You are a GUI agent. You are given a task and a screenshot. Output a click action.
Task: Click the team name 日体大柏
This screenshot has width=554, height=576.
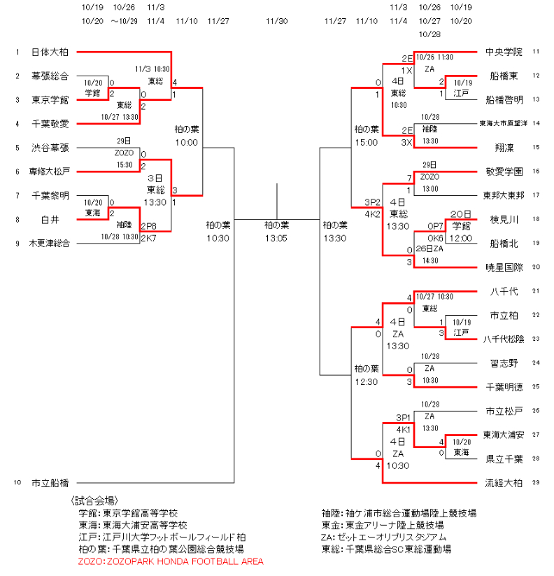click(x=50, y=52)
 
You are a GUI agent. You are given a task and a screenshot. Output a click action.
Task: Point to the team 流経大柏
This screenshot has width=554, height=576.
click(x=504, y=482)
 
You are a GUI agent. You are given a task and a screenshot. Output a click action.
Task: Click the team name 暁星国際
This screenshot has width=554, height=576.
click(x=504, y=267)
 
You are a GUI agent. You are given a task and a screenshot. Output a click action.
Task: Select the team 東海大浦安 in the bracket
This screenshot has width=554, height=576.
click(x=504, y=434)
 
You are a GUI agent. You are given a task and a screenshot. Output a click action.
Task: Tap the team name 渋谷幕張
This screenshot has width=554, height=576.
click(x=50, y=148)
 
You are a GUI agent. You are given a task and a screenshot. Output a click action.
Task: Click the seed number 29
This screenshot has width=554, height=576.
click(x=536, y=482)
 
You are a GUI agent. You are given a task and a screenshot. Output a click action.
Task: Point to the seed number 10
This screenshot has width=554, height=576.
click(x=17, y=482)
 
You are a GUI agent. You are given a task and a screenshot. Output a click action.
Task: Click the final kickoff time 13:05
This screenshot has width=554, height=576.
click(x=277, y=238)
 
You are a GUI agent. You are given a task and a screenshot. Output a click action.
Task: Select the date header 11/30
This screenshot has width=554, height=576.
click(x=277, y=21)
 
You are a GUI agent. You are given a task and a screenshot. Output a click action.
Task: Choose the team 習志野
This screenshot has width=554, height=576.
click(x=504, y=363)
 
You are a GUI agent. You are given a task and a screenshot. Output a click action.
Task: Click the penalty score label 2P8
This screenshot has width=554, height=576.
click(x=148, y=226)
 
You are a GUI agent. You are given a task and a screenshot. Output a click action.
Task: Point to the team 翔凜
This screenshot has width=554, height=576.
click(x=504, y=148)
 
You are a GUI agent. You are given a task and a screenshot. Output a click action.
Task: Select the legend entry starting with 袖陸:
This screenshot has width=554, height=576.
click(x=399, y=513)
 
